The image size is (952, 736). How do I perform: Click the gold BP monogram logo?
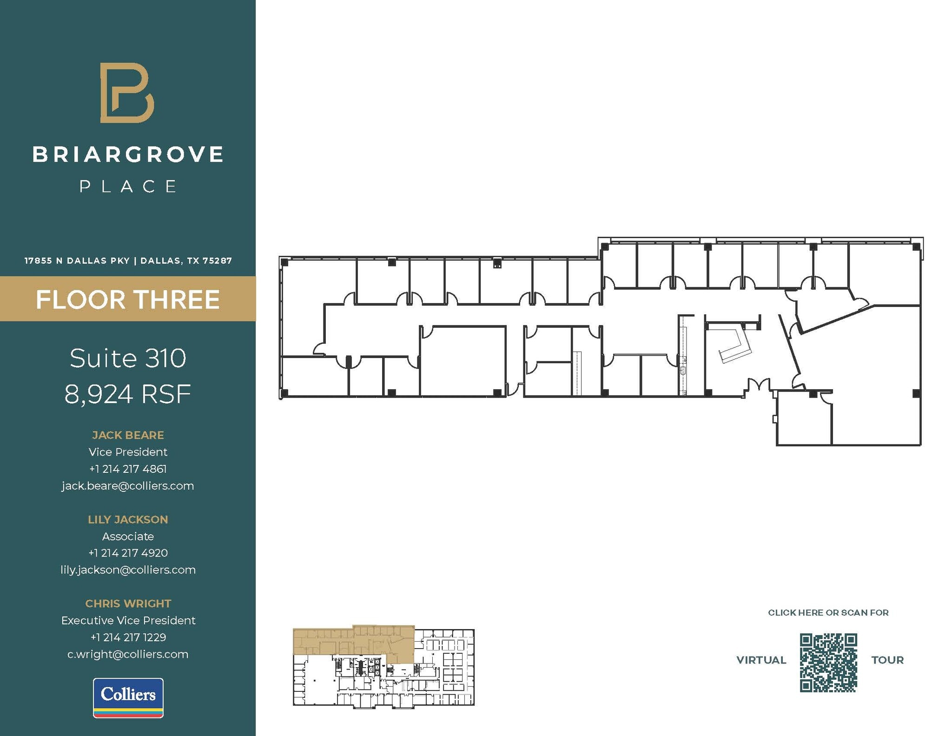127,93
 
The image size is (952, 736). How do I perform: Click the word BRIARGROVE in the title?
128,155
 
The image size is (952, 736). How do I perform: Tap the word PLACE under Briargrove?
128,186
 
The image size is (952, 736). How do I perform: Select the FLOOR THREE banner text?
128,299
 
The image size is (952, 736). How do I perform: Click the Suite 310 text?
128,358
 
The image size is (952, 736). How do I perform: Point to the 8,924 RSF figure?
128,395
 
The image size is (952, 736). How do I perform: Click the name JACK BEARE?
128,435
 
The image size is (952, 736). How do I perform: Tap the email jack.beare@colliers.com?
128,486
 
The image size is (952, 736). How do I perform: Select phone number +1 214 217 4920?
128,553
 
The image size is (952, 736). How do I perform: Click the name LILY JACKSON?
128,519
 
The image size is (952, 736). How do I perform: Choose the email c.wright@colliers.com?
128,654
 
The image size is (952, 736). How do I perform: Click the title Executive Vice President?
128,620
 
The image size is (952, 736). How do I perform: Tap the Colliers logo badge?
128,697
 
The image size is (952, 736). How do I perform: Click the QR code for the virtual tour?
828,663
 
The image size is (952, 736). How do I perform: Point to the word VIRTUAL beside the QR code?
761,660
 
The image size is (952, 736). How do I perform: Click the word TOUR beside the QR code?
887,660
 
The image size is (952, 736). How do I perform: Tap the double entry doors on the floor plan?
758,385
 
